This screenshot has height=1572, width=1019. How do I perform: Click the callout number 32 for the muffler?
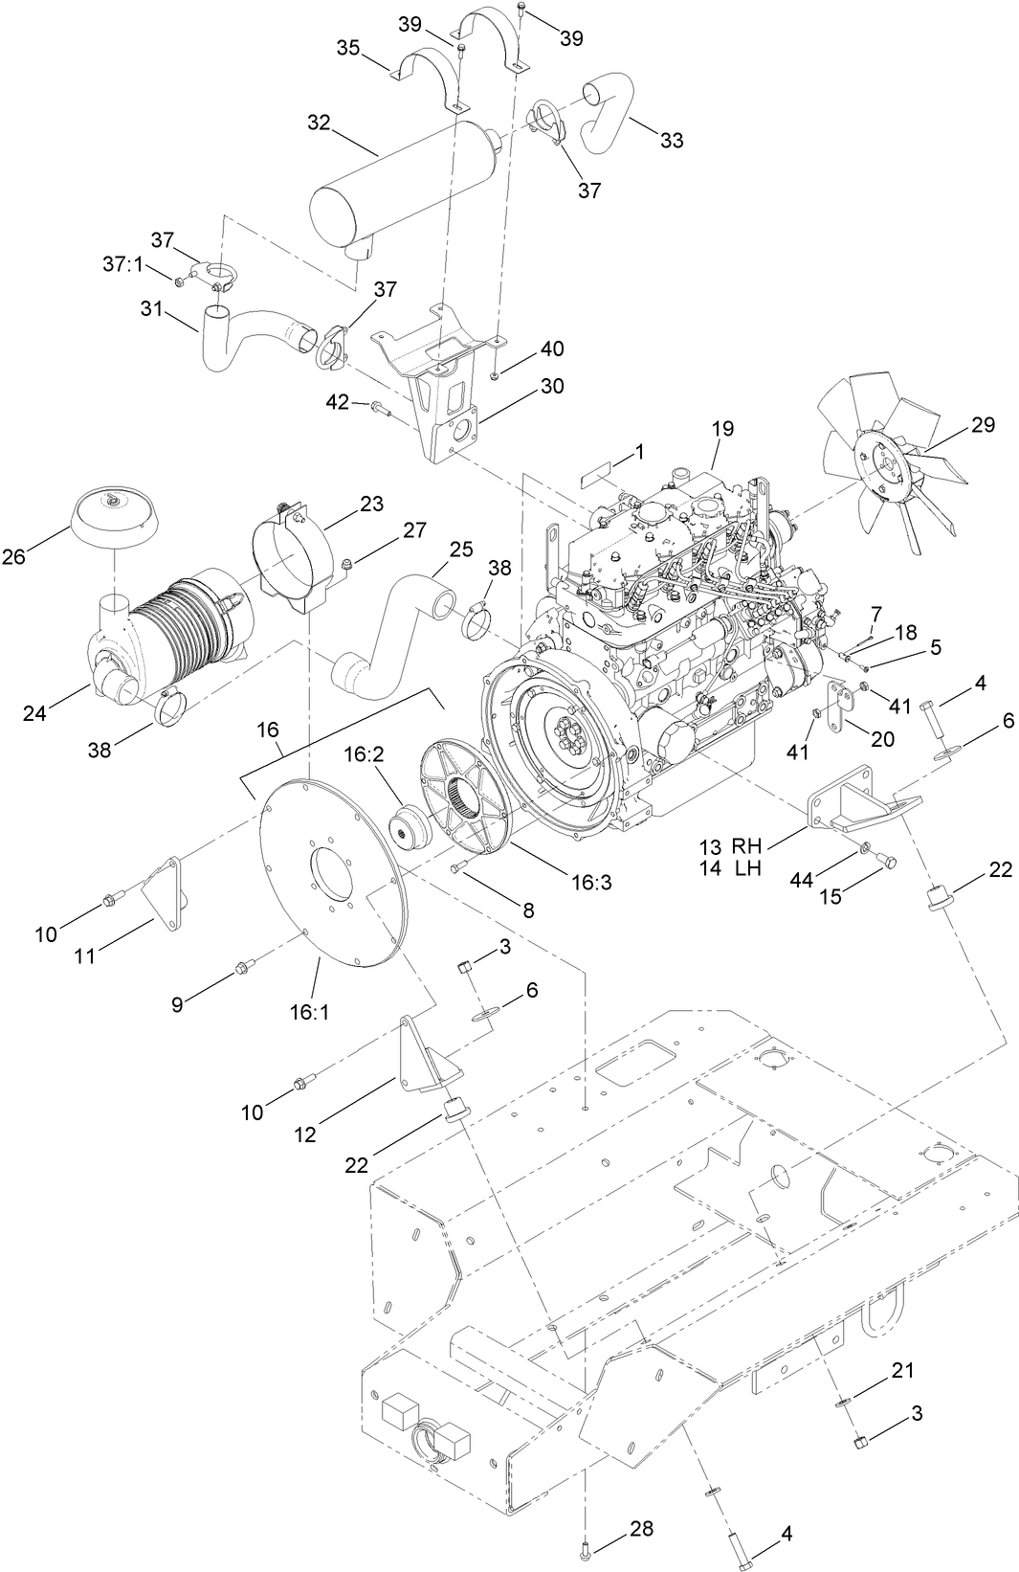coord(319,123)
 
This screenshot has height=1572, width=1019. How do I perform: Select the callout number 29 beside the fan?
coord(983,424)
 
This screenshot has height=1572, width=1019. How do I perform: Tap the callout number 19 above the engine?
coord(722,428)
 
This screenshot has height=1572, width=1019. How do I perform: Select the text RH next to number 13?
coord(746,846)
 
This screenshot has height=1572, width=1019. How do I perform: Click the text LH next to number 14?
coord(746,867)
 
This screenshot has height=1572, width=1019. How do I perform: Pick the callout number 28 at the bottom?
coord(641,1529)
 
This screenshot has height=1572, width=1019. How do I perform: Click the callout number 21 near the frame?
coord(902,1370)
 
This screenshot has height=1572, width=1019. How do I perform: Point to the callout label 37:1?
coord(122,262)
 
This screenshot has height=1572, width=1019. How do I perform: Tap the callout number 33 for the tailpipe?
coord(672,140)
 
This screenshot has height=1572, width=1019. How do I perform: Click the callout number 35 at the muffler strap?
coord(347,48)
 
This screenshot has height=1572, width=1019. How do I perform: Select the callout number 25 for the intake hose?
coord(461,550)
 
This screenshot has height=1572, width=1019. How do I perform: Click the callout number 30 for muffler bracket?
coord(552,386)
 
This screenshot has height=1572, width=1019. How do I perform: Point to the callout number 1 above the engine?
coord(640,449)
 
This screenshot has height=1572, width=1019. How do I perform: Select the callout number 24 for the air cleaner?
coord(35,712)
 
